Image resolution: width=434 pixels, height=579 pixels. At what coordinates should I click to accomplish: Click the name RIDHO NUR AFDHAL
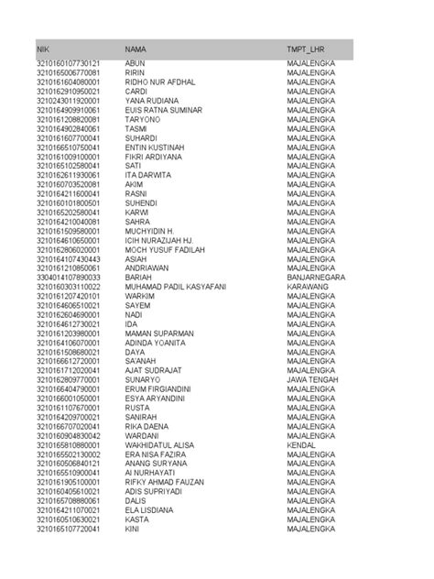click(x=160, y=82)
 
